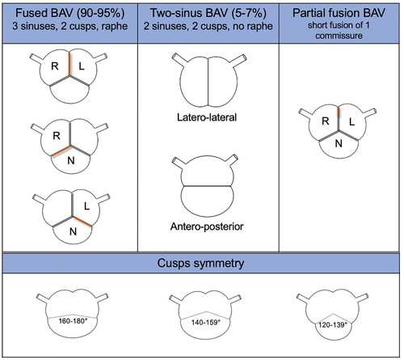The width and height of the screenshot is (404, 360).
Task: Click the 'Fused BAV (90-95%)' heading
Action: [70, 13]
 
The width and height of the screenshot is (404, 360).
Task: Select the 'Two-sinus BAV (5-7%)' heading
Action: [208, 13]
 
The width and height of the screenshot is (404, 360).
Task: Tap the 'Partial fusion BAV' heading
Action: [339, 13]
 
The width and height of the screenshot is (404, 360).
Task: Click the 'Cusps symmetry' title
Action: [200, 263]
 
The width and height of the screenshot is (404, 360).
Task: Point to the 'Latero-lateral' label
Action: [207, 117]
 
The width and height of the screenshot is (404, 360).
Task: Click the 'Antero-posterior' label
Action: [207, 227]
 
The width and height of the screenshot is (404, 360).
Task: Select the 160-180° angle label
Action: [74, 321]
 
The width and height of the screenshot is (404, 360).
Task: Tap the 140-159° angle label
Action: [206, 322]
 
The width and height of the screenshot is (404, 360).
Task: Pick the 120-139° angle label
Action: [333, 324]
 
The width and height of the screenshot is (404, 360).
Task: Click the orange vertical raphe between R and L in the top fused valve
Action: [69, 64]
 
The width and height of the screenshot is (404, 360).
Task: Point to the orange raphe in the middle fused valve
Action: [61, 151]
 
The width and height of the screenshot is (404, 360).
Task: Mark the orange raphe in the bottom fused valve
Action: [82, 222]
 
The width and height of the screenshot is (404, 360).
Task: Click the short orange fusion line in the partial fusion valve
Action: [338, 112]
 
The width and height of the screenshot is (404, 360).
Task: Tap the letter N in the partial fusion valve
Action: [339, 143]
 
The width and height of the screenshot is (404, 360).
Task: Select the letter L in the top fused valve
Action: [82, 66]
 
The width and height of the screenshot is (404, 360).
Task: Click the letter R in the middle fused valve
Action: [57, 136]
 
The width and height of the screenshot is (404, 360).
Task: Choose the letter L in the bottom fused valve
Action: [86, 206]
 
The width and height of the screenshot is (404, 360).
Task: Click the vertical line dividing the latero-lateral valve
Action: [208, 82]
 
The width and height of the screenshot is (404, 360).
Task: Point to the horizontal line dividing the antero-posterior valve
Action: [207, 186]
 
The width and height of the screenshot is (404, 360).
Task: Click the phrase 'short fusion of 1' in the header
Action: [339, 25]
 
